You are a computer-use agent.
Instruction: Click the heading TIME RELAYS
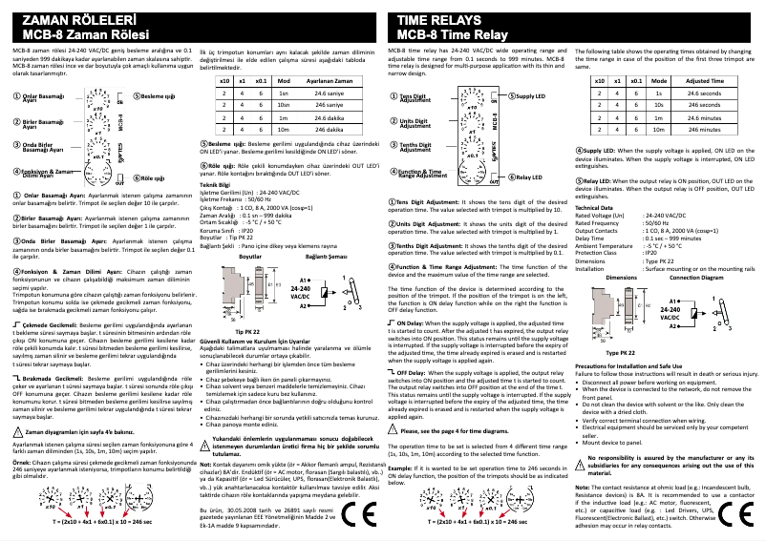[438, 18]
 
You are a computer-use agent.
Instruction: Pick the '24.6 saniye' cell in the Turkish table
[328, 94]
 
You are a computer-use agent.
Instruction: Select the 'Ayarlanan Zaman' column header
[328, 82]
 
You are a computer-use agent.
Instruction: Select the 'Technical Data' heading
[594, 207]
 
